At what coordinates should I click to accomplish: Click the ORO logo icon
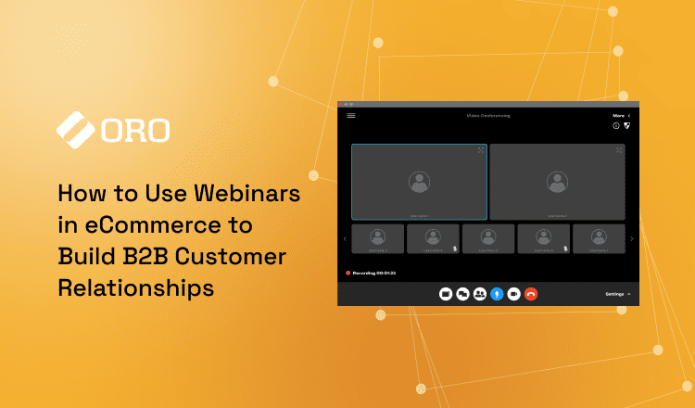click(x=76, y=130)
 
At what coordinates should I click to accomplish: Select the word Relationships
click(x=135, y=287)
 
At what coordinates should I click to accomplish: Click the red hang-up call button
click(x=531, y=293)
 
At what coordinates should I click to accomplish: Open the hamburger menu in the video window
click(x=351, y=115)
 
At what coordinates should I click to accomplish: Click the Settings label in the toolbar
click(x=615, y=293)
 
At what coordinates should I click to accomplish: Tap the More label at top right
click(x=618, y=115)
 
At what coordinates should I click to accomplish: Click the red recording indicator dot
click(x=347, y=273)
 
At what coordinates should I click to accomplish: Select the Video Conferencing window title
click(x=487, y=115)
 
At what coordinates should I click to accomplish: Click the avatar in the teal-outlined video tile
click(x=419, y=182)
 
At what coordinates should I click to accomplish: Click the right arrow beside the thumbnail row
click(x=632, y=239)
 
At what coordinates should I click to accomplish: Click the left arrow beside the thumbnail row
click(x=345, y=239)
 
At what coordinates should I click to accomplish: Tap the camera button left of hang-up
click(x=513, y=293)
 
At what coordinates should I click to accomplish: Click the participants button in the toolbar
click(x=479, y=293)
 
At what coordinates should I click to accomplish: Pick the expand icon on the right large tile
click(x=618, y=150)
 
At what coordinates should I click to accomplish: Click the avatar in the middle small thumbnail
click(x=487, y=236)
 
